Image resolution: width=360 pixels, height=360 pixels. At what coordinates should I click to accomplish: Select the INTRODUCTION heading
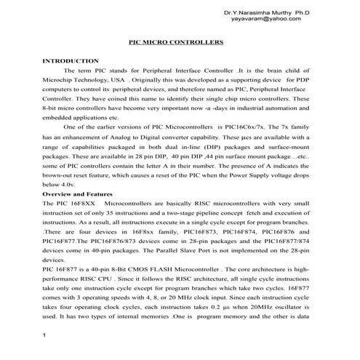click(x=71, y=61)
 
